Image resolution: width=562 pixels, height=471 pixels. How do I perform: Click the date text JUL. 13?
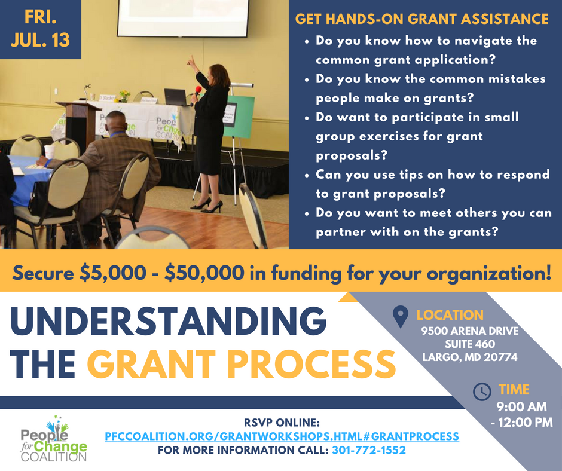(x=40, y=40)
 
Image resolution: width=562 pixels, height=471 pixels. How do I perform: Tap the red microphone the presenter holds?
(x=197, y=91)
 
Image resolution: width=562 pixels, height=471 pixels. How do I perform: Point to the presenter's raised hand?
(x=191, y=62)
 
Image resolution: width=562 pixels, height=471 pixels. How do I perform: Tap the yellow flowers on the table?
(x=124, y=96)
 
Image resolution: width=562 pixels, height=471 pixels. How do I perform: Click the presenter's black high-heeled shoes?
(x=207, y=206)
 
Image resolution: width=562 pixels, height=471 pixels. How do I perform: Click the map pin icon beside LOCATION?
(x=401, y=317)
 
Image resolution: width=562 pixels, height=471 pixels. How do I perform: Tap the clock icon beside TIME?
(x=482, y=391)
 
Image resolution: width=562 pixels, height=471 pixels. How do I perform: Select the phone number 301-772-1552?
(x=369, y=450)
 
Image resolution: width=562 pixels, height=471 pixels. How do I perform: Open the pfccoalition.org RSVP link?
(x=282, y=436)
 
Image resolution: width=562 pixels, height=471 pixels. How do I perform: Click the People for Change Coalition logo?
(x=54, y=439)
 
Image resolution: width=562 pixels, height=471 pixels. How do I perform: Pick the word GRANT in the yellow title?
(x=151, y=364)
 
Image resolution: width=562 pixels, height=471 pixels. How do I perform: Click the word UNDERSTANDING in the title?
(x=168, y=320)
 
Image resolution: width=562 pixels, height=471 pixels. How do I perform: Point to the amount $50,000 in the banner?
(x=204, y=273)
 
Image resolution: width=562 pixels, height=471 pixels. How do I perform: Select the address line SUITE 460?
(x=470, y=344)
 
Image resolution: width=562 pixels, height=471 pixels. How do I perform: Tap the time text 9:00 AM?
(x=521, y=407)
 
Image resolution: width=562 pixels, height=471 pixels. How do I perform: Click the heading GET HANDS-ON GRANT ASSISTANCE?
(x=422, y=19)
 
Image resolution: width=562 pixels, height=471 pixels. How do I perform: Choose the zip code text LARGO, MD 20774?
(x=470, y=357)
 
